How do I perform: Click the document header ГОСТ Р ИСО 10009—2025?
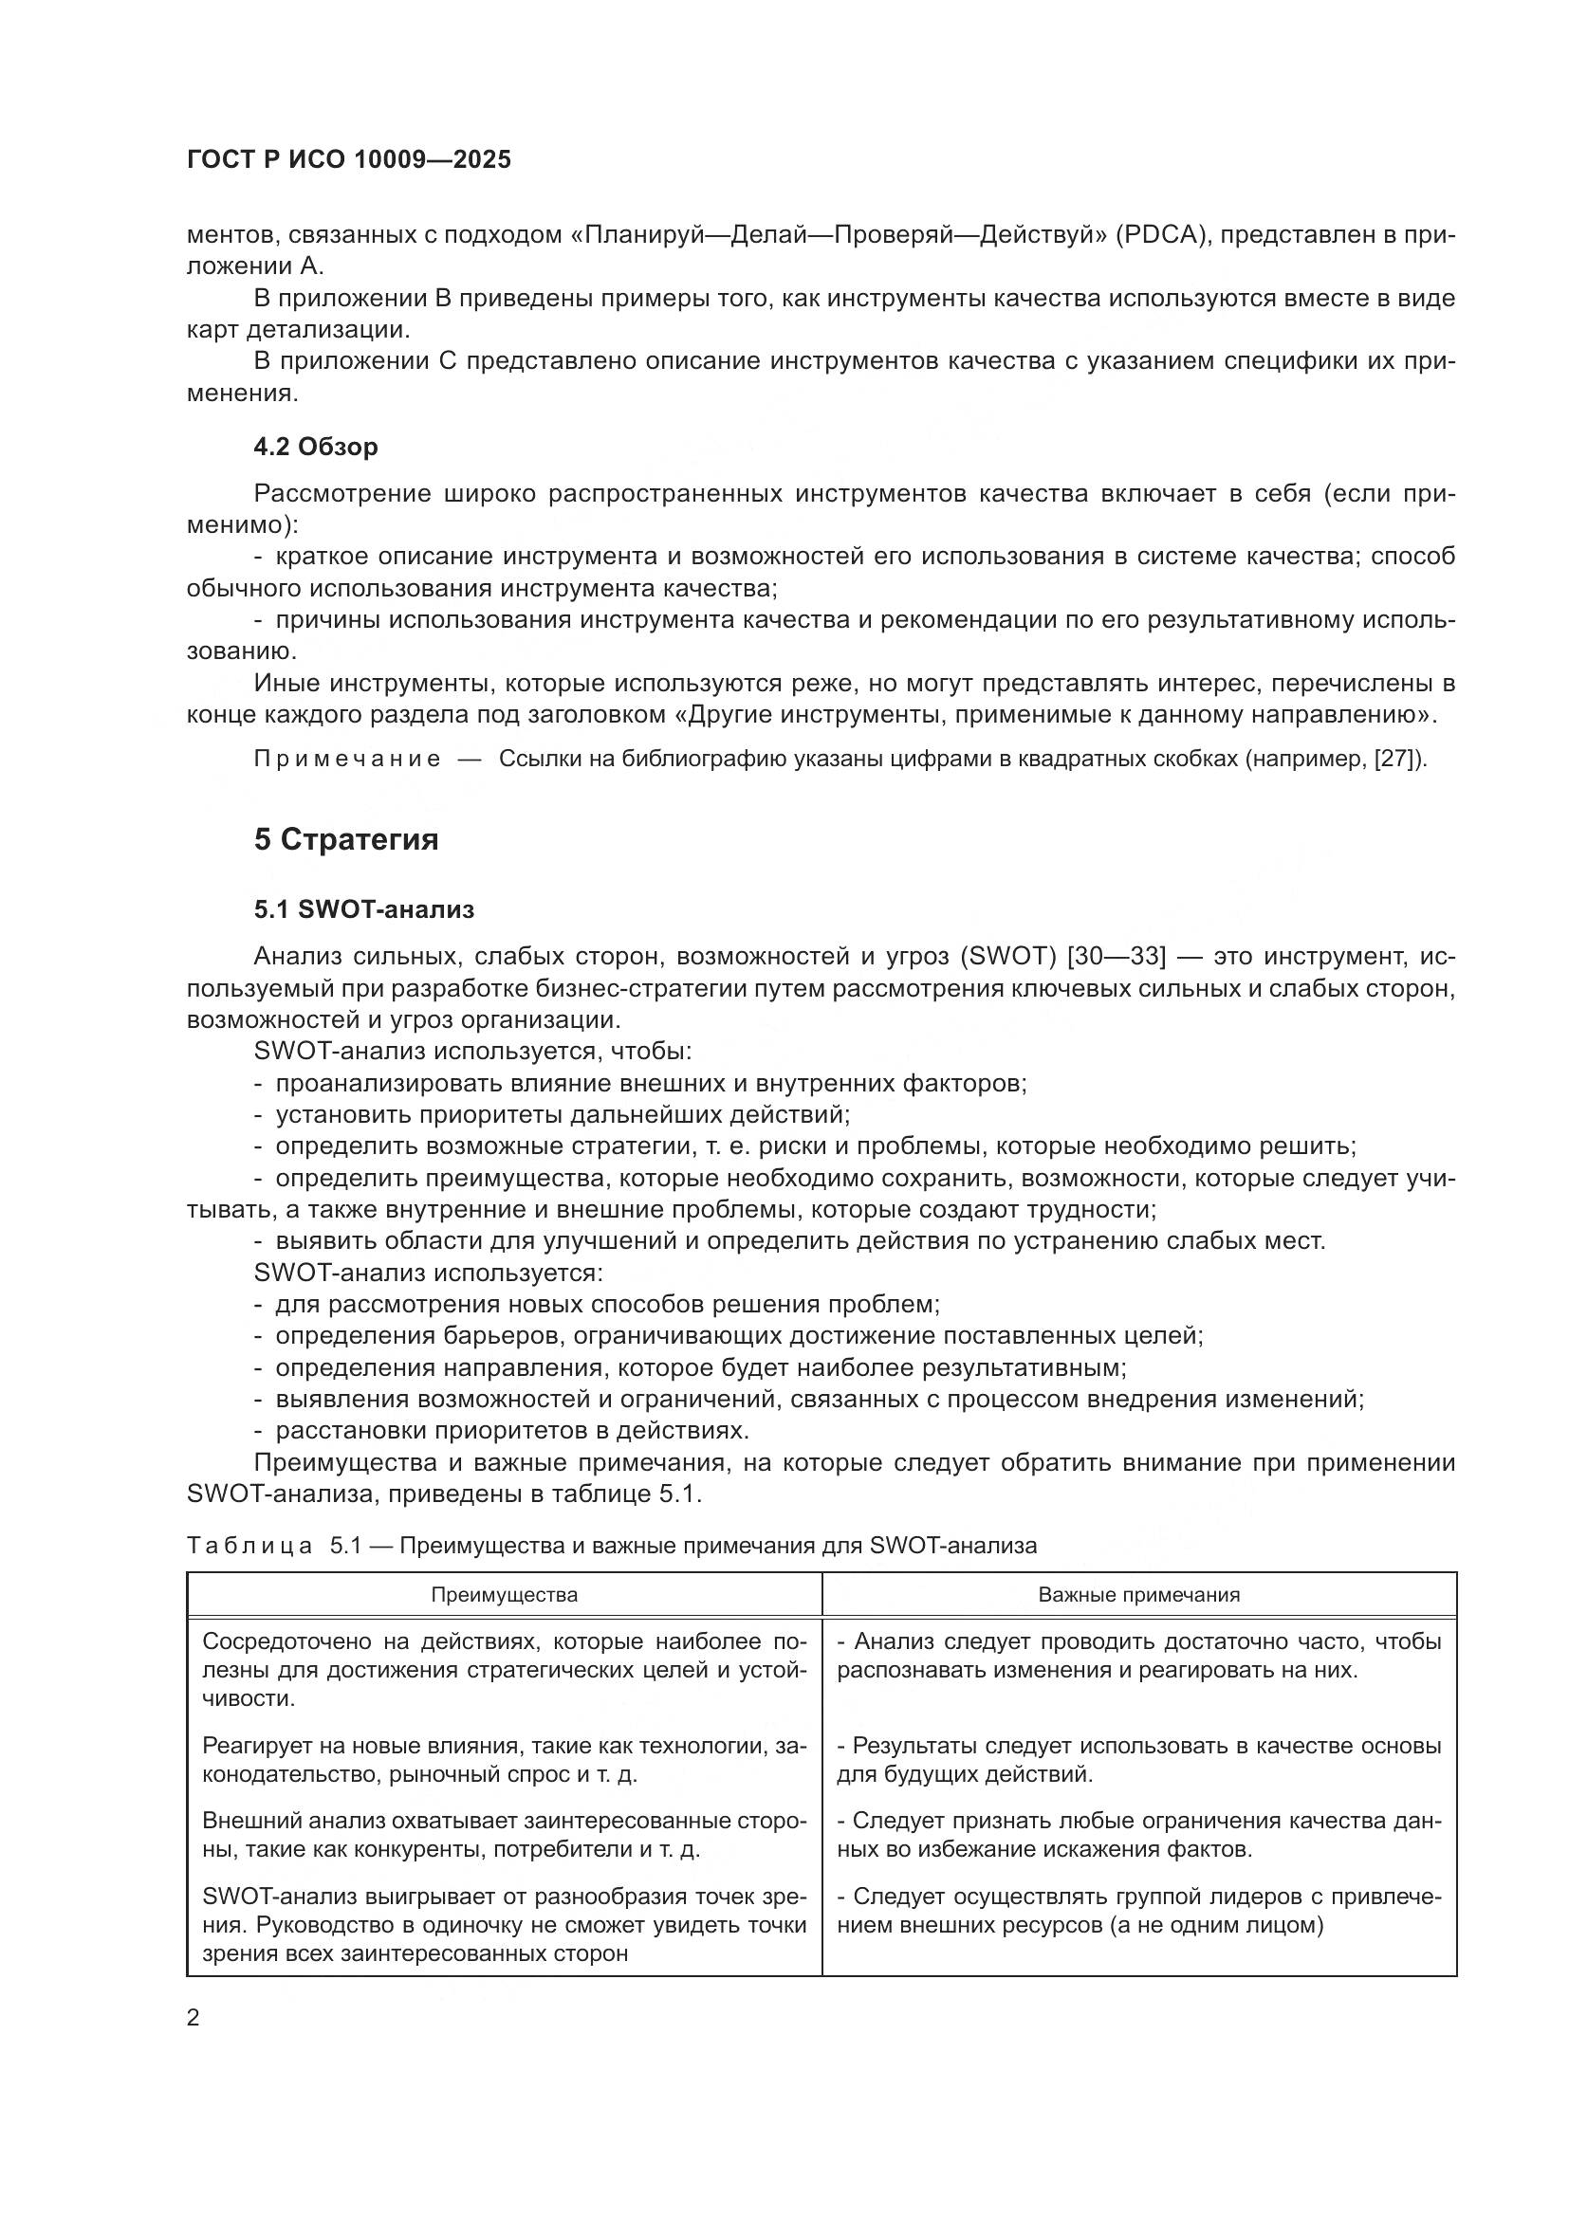tap(349, 160)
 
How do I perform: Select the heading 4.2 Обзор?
tap(315, 447)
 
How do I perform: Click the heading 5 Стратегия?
tap(346, 839)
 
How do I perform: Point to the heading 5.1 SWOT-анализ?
tap(364, 909)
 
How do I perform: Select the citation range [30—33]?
tap(1116, 957)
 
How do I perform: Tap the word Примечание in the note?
tap(347, 760)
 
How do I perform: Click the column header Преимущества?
tap(504, 1595)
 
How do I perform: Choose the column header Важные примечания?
tap(1138, 1595)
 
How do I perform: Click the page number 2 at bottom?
tap(194, 2018)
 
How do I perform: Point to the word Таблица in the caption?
tap(249, 1546)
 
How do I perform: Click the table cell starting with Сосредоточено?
tap(504, 1670)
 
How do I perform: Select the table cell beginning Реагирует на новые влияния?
tap(504, 1760)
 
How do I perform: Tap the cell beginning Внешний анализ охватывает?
tap(504, 1836)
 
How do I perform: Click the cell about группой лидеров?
tap(1138, 1911)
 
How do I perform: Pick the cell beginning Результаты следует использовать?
tap(1138, 1760)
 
